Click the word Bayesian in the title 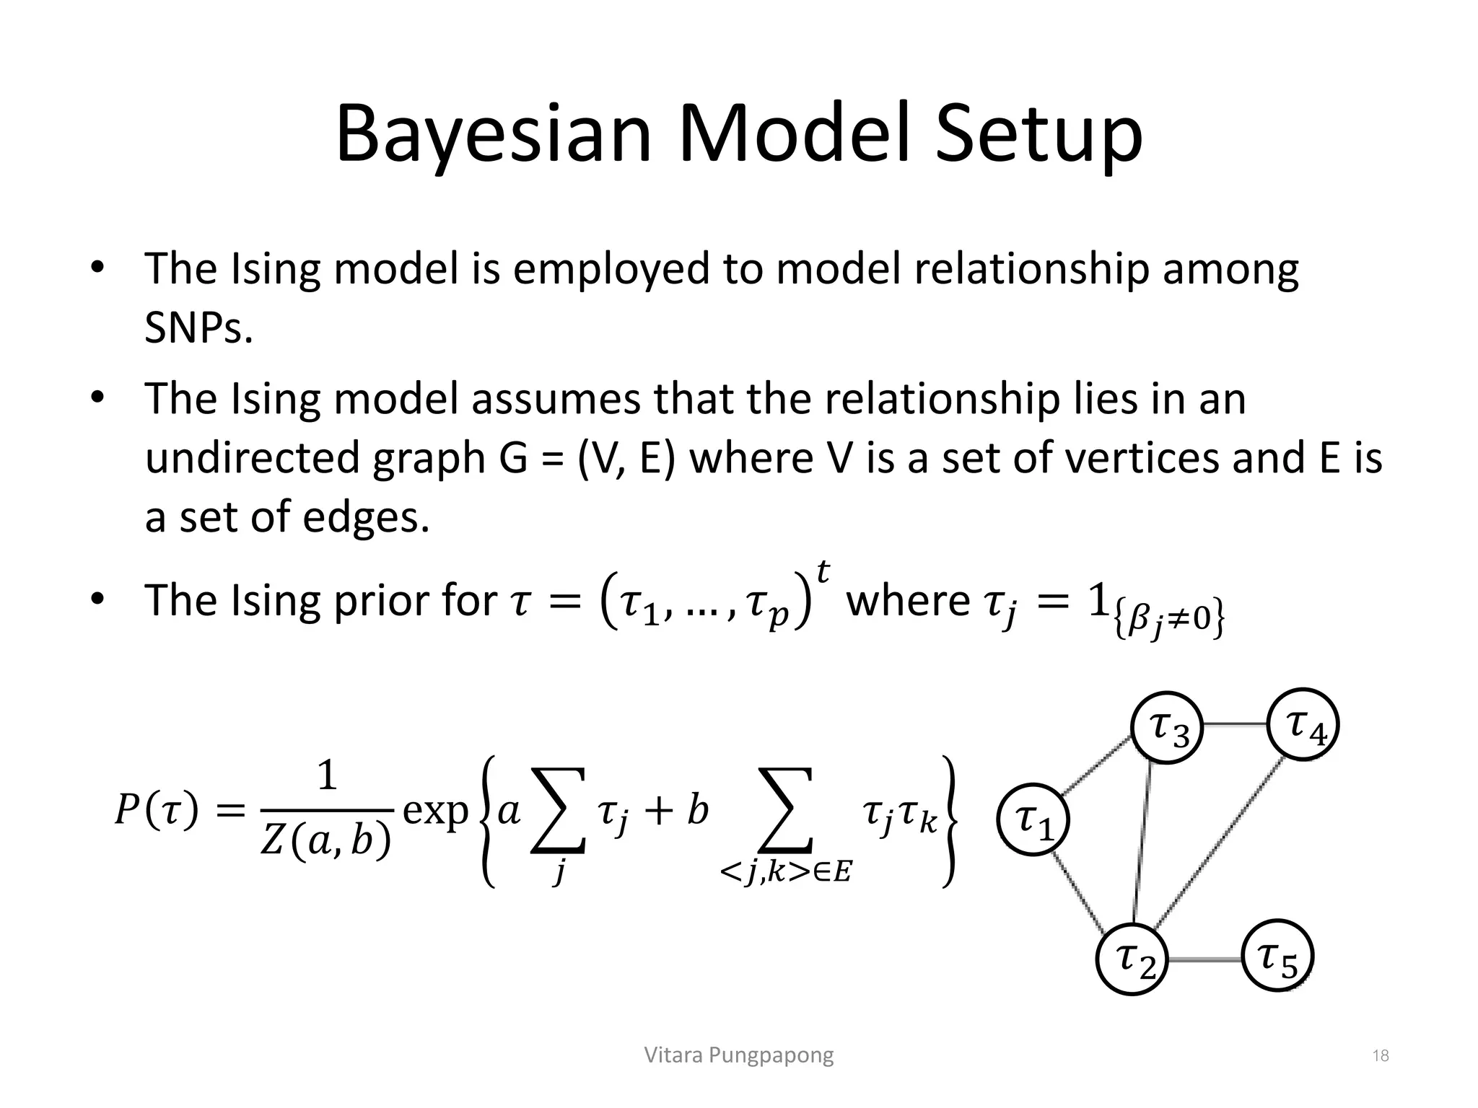pos(494,136)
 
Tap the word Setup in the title pos(1038,136)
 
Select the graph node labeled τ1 pos(1033,819)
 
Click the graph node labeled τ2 pos(1132,959)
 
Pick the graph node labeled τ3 pos(1167,727)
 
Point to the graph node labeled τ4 pos(1303,724)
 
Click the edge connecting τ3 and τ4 pos(1236,724)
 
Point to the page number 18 pos(1380,1056)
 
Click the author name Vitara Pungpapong pos(738,1055)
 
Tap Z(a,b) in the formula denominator pos(325,841)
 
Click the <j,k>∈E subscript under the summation pos(785,874)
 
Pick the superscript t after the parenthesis pos(822,572)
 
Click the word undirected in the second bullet pos(252,458)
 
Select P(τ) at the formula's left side pos(157,812)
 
